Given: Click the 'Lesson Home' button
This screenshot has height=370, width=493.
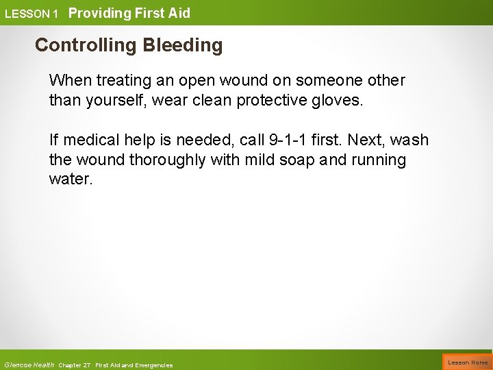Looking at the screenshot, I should (x=468, y=362).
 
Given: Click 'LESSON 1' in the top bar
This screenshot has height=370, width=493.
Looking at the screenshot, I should (x=31, y=13).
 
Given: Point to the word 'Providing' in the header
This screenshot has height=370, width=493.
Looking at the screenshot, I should (x=98, y=12).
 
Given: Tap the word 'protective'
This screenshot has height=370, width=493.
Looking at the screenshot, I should (x=270, y=101).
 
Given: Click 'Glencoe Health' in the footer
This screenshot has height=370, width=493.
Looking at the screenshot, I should (x=29, y=365).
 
